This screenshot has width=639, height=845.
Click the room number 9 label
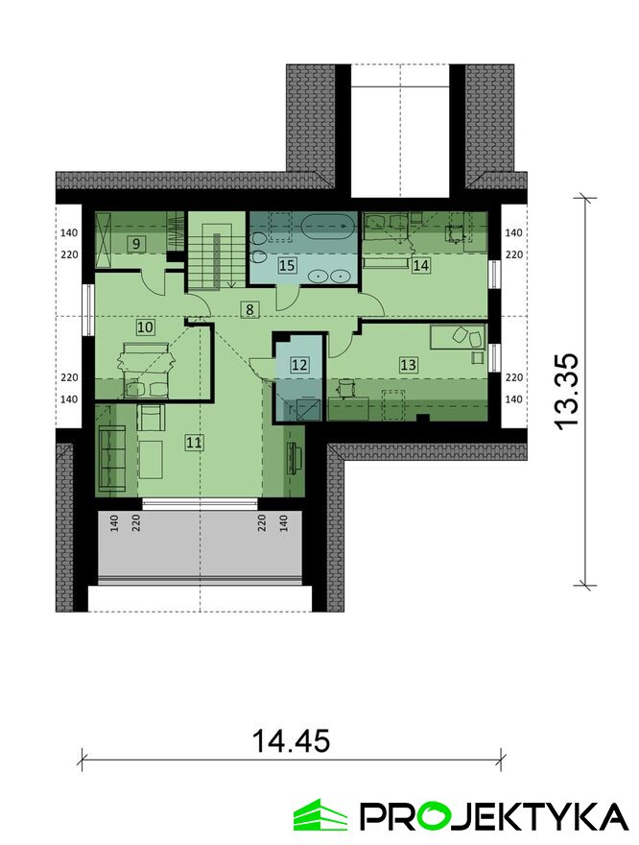pos(136,244)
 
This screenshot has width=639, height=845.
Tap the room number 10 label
pos(146,326)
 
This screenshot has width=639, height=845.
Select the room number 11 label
pos(195,443)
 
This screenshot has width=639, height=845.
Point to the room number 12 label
pos(299,365)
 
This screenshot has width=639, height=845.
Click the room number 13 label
pos(408,365)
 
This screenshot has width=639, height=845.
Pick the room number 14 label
pos(421,265)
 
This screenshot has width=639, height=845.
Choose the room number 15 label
pos(288,265)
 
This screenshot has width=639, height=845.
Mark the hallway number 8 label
pos(249,309)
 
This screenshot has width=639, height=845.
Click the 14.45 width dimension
pos(291,741)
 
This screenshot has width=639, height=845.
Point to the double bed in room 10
pos(147,371)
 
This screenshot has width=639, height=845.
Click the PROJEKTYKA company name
pos(494,816)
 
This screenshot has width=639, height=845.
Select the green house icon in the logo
pos(320,815)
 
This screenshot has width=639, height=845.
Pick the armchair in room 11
pos(152,418)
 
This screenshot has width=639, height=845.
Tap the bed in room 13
pos(458,336)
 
